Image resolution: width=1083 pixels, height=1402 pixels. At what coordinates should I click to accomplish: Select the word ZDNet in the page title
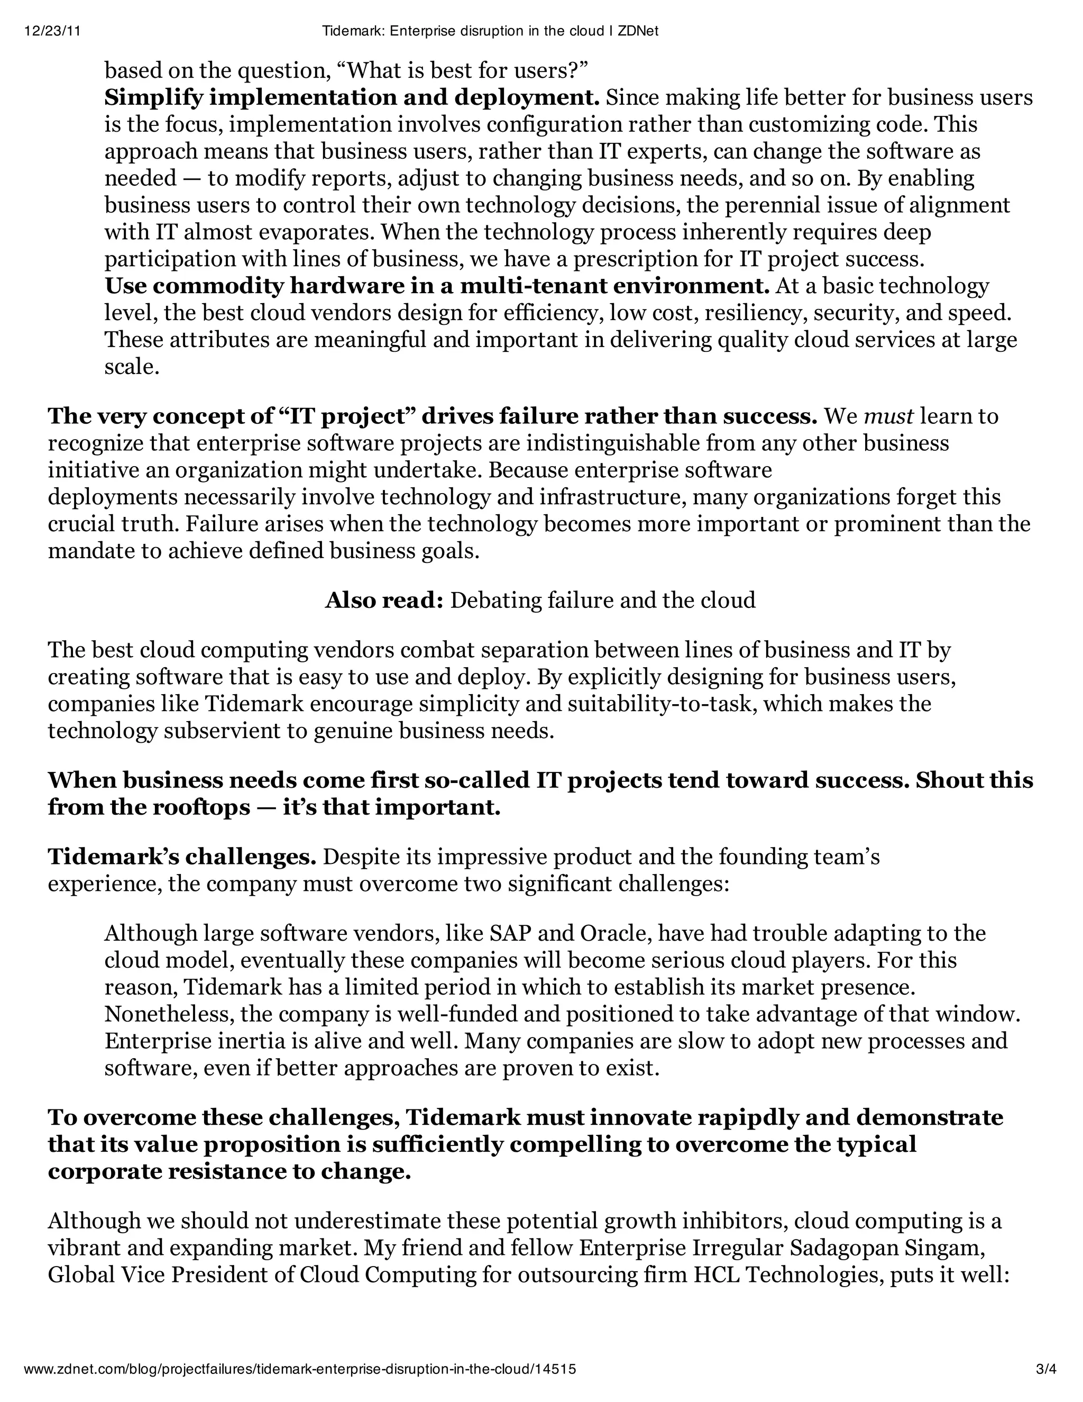pyautogui.click(x=637, y=31)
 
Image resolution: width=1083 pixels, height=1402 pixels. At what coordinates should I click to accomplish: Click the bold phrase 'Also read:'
pyautogui.click(x=384, y=600)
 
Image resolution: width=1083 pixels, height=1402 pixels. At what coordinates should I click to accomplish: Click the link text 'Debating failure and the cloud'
pyautogui.click(x=602, y=600)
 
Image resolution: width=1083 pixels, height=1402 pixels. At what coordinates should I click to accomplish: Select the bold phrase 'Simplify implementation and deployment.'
pyautogui.click(x=352, y=97)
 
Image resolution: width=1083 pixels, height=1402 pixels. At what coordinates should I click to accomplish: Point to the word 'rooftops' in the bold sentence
pyautogui.click(x=201, y=807)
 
